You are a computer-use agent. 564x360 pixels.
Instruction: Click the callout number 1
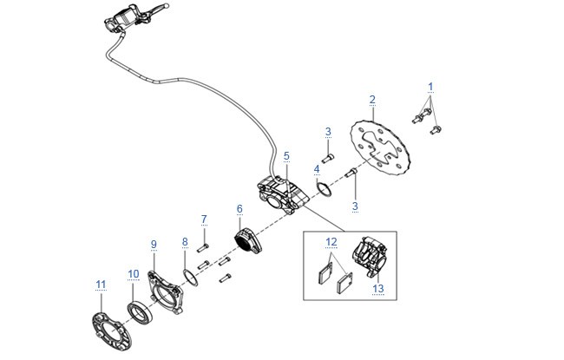[430, 87]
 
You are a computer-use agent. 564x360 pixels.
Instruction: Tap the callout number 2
[372, 100]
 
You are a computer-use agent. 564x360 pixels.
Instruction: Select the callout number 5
[286, 156]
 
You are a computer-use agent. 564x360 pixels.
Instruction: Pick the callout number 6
[239, 209]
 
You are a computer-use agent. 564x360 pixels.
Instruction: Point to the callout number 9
[154, 245]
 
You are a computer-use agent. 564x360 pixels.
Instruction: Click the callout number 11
[101, 285]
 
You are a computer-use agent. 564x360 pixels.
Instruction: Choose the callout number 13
[378, 288]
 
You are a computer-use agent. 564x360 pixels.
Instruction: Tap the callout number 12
[331, 242]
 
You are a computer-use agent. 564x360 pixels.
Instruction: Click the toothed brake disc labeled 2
[381, 148]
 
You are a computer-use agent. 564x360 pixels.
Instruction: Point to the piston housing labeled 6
[248, 240]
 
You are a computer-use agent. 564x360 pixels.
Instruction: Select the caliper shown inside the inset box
[369, 256]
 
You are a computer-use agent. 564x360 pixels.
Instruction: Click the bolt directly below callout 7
[203, 248]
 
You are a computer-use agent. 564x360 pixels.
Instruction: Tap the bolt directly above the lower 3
[351, 173]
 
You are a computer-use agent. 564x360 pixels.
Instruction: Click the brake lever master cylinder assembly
[135, 16]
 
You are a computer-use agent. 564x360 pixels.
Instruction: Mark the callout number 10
[134, 274]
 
